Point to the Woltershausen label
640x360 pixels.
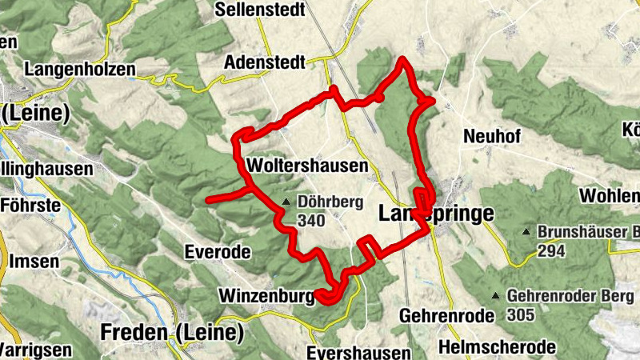pos(308,166)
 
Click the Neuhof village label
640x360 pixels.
pos(491,137)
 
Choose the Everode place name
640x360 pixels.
pos(218,252)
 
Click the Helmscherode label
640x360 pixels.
pos(497,347)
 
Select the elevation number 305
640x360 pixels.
pos(521,314)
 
